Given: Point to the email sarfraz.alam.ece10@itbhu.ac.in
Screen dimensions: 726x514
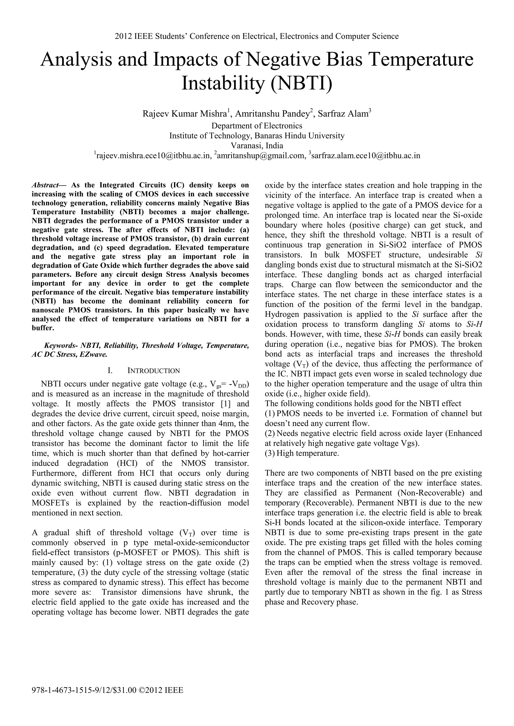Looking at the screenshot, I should (366, 155).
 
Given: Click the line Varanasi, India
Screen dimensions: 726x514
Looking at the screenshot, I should (257, 146).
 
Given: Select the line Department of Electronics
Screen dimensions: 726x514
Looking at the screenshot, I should (257, 126).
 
